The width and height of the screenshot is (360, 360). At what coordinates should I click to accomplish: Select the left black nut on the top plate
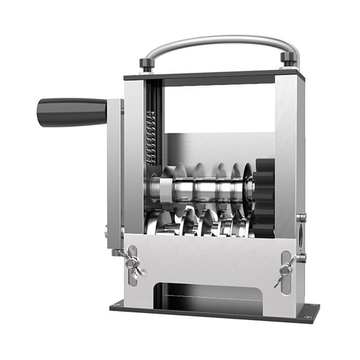(146, 64)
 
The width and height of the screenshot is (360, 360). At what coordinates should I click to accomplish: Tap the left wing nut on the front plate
(132, 261)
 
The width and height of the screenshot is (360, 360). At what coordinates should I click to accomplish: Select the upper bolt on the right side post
(301, 217)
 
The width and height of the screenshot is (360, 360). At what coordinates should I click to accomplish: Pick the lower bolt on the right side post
(301, 257)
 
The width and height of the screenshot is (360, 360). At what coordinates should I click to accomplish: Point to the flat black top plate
(212, 76)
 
